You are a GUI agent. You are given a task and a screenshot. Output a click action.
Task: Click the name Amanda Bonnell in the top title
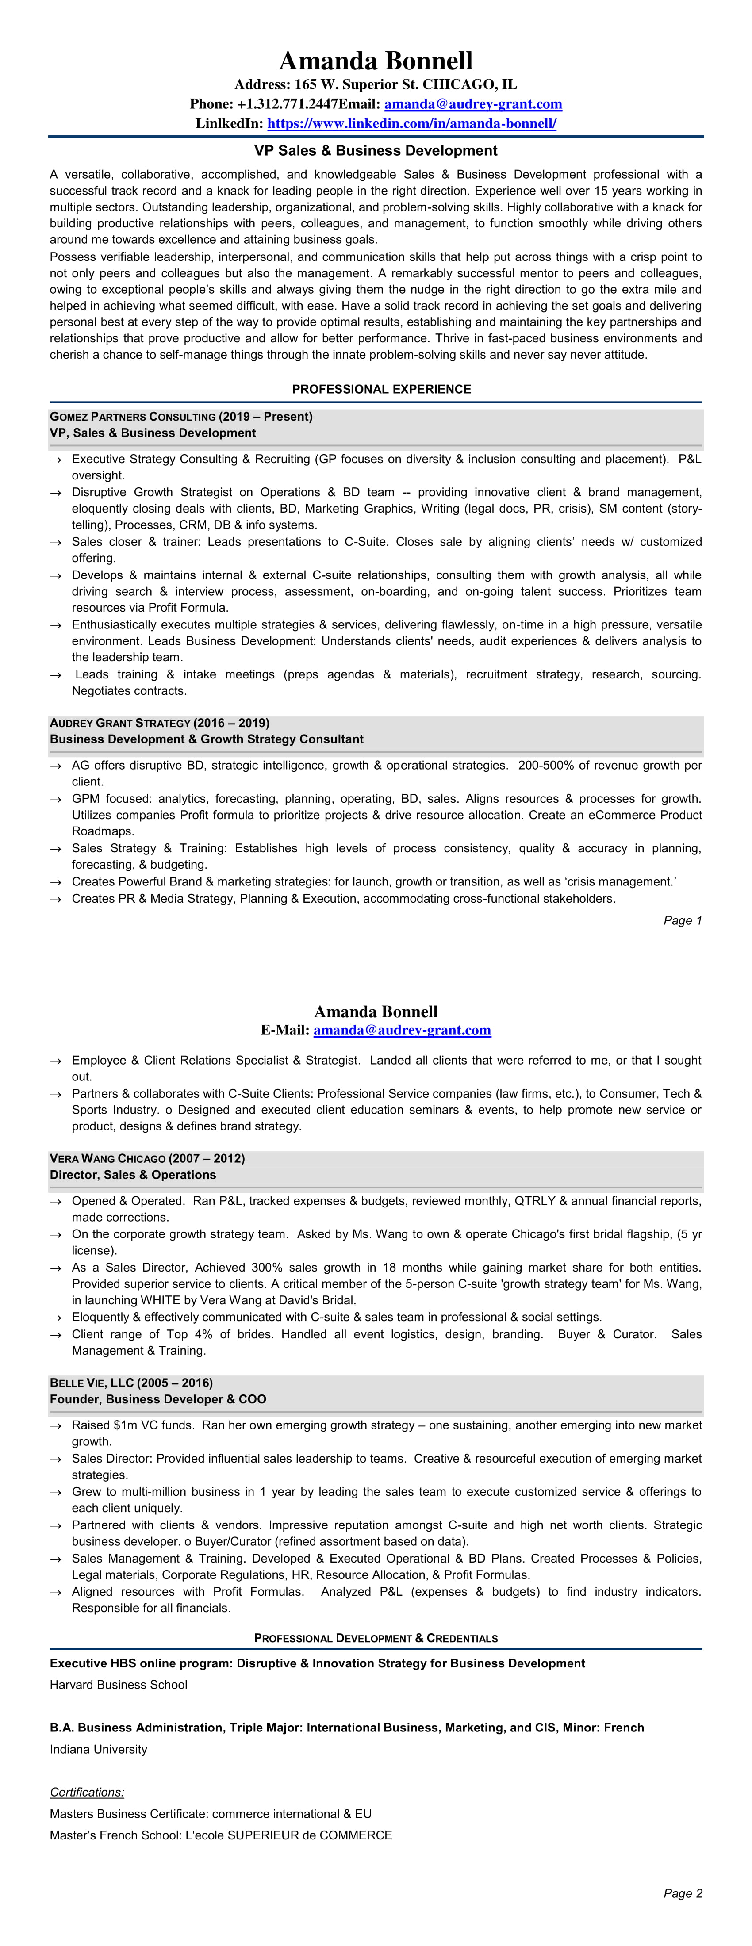click(376, 61)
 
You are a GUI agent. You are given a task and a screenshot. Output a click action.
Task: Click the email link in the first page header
click(473, 103)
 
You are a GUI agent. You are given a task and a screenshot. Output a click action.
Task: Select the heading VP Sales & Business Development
click(376, 150)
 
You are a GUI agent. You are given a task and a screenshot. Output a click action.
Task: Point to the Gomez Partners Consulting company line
click(180, 416)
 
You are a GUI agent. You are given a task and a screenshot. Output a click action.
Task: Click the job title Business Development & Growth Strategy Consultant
click(206, 739)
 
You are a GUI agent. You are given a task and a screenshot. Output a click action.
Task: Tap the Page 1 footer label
click(683, 920)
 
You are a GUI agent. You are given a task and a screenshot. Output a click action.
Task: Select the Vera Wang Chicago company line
click(146, 1158)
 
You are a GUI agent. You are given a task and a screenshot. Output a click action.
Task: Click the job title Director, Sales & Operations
click(132, 1175)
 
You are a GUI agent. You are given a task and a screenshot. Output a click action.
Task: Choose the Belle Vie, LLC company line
click(131, 1383)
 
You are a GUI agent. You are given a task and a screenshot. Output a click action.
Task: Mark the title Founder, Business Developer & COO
click(158, 1399)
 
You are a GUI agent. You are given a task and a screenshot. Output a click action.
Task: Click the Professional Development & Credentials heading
click(376, 1638)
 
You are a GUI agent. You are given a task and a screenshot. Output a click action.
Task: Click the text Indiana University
click(98, 1749)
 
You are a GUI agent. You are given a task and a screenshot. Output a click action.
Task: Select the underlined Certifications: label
click(87, 1792)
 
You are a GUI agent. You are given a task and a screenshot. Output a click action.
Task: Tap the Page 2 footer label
click(683, 1893)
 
